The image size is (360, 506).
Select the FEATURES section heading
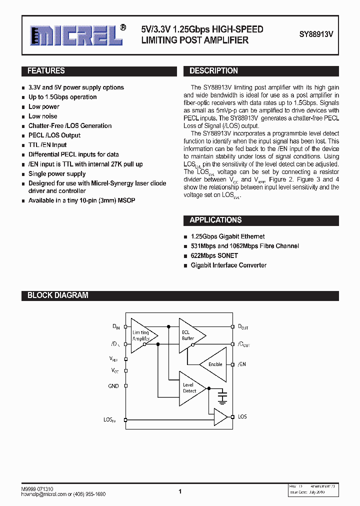pyautogui.click(x=46, y=71)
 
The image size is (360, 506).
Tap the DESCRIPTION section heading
pyautogui.click(x=213, y=71)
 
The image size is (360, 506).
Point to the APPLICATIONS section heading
pyautogui.click(x=215, y=220)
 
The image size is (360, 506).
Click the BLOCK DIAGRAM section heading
pyautogui.click(x=57, y=295)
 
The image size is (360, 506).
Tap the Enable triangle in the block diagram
pyautogui.click(x=214, y=364)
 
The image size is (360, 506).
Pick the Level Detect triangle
pyautogui.click(x=190, y=388)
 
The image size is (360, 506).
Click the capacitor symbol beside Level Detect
pyautogui.click(x=222, y=397)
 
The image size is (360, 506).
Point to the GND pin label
pyautogui.click(x=113, y=386)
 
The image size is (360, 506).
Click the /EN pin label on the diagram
pyautogui.click(x=242, y=364)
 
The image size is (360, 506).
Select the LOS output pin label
pyautogui.click(x=242, y=416)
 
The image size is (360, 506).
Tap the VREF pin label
pyautogui.click(x=114, y=359)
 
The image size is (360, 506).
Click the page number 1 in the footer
pyautogui.click(x=180, y=491)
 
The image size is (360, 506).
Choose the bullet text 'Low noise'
pyautogui.click(x=43, y=116)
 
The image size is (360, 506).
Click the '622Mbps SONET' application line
pyautogui.click(x=214, y=255)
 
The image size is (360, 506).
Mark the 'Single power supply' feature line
pyautogui.click(x=57, y=173)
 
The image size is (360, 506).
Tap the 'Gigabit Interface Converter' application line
pyautogui.click(x=228, y=265)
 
